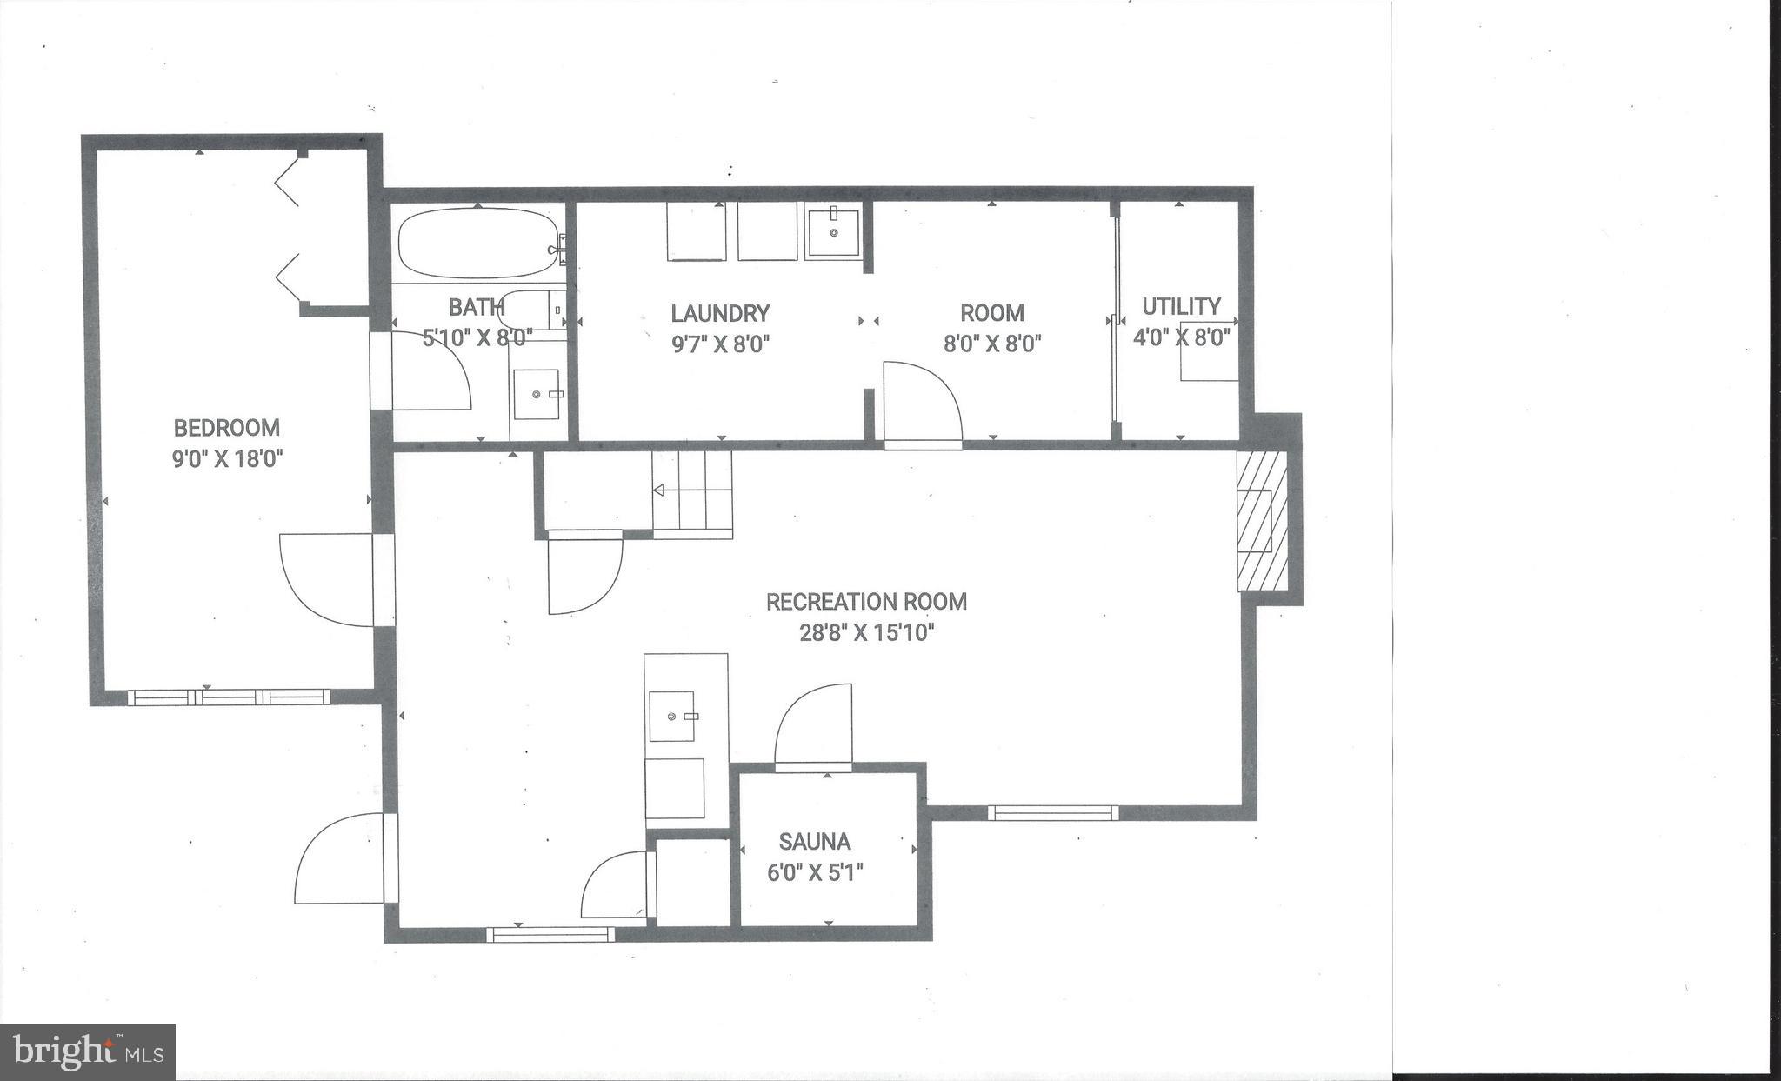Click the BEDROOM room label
coord(226,428)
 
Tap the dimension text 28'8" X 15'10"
coord(866,633)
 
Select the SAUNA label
coord(814,842)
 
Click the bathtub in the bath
coord(477,244)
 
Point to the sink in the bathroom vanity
coord(537,395)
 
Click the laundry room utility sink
coord(833,232)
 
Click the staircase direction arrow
coord(658,491)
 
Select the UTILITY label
coord(1180,306)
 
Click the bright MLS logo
coord(87,1052)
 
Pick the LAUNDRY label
coord(720,313)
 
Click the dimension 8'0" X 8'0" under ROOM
coord(992,344)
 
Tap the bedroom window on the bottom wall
coord(228,697)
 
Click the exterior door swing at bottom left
coord(339,857)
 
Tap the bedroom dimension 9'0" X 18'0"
coord(227,459)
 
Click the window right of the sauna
coord(1052,813)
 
